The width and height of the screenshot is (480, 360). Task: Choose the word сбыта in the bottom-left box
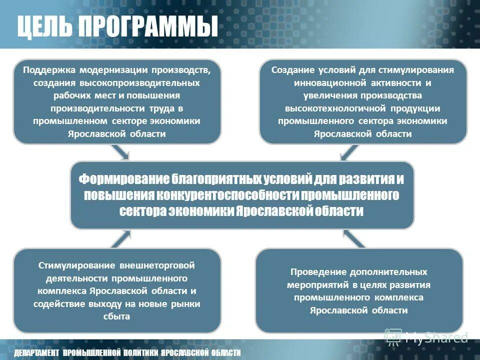click(x=117, y=316)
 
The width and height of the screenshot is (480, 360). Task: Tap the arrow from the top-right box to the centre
click(x=349, y=152)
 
